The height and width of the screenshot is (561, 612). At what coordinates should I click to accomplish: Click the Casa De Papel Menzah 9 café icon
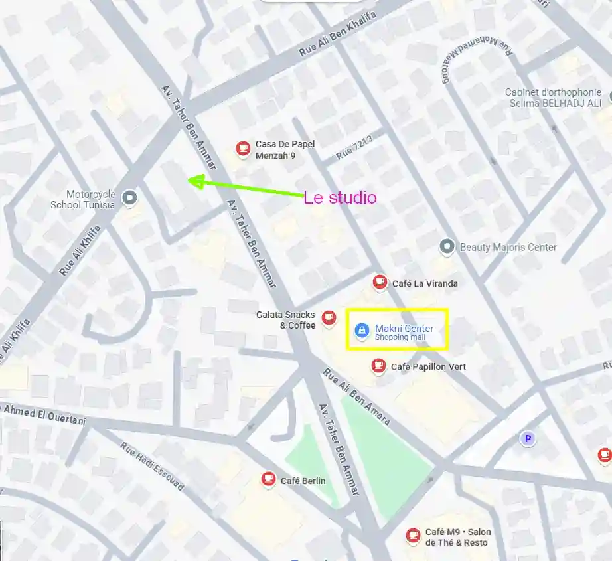pyautogui.click(x=244, y=148)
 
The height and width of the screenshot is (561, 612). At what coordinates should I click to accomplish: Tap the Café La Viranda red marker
pyautogui.click(x=380, y=282)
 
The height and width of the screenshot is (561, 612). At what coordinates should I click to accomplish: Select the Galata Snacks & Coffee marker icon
pyautogui.click(x=329, y=318)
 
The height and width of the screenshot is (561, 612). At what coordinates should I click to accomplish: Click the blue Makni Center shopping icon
pyautogui.click(x=362, y=331)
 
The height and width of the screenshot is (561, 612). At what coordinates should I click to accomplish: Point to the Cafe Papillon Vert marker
pyautogui.click(x=378, y=365)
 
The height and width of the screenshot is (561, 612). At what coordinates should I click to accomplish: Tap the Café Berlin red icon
pyautogui.click(x=268, y=479)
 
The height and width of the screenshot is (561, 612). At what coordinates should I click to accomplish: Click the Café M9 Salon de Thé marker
pyautogui.click(x=413, y=534)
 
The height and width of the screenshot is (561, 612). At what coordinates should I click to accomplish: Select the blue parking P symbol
pyautogui.click(x=528, y=438)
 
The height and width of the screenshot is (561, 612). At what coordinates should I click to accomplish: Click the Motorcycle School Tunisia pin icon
pyautogui.click(x=130, y=197)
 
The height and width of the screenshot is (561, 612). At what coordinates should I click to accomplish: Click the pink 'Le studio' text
pyautogui.click(x=340, y=198)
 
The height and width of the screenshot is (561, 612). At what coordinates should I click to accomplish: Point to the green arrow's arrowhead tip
pyautogui.click(x=189, y=180)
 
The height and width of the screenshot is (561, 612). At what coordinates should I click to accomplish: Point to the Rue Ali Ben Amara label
pyautogui.click(x=356, y=396)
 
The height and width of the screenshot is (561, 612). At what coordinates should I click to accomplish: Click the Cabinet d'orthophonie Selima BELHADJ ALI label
pyautogui.click(x=553, y=98)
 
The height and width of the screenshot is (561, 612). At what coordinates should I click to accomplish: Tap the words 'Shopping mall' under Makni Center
pyautogui.click(x=400, y=337)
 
